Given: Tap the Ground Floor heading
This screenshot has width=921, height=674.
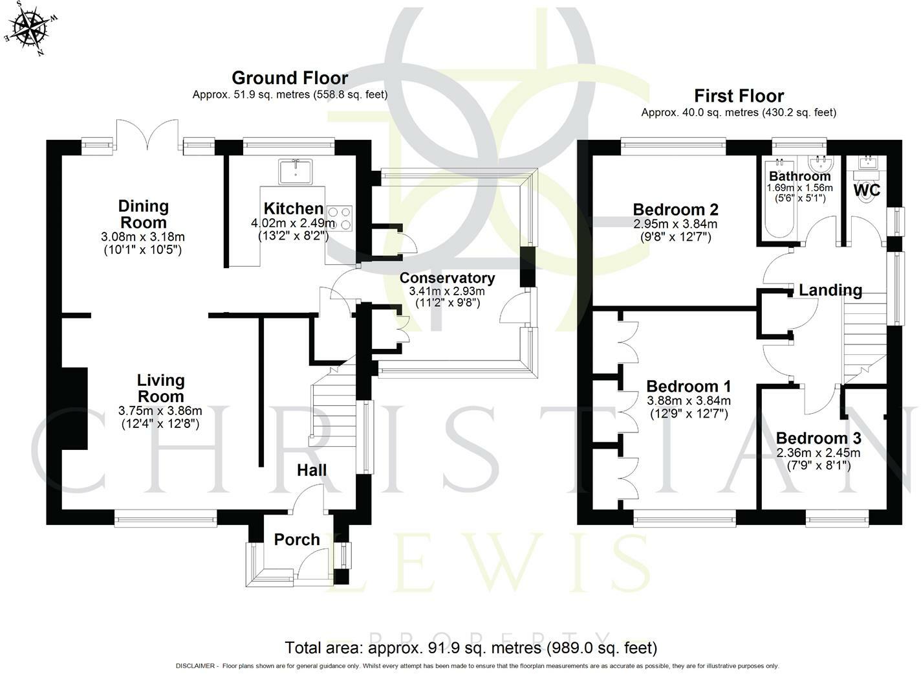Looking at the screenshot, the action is [x=290, y=78].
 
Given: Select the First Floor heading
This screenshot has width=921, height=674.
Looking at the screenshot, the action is [x=739, y=96].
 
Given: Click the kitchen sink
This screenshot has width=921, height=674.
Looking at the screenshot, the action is [x=295, y=171].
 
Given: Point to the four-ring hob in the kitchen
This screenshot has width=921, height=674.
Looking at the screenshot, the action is [x=340, y=218].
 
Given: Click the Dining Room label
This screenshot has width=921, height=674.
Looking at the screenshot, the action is [x=144, y=214].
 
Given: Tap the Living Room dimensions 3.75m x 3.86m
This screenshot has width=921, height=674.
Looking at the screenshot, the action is [x=160, y=410].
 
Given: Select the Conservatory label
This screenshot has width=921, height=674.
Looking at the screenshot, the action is [x=447, y=278].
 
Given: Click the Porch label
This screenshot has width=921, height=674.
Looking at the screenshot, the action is [x=297, y=539].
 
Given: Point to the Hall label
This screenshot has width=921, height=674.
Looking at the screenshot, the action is [x=312, y=470].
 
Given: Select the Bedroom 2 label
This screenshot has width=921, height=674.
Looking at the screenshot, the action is [x=675, y=209].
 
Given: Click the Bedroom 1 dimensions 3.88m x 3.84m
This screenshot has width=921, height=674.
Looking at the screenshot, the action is [x=689, y=400].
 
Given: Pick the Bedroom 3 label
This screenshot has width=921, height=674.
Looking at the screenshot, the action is [x=818, y=438].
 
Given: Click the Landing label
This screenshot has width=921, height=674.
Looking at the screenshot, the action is [x=830, y=290].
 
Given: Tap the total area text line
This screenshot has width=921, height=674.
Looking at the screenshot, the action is [x=471, y=647].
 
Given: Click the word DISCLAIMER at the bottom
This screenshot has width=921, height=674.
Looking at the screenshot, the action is [x=195, y=666].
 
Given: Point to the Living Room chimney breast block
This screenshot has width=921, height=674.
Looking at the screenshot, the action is [x=75, y=409].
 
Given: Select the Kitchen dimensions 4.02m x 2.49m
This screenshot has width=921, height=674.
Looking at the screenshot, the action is [x=293, y=223].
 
